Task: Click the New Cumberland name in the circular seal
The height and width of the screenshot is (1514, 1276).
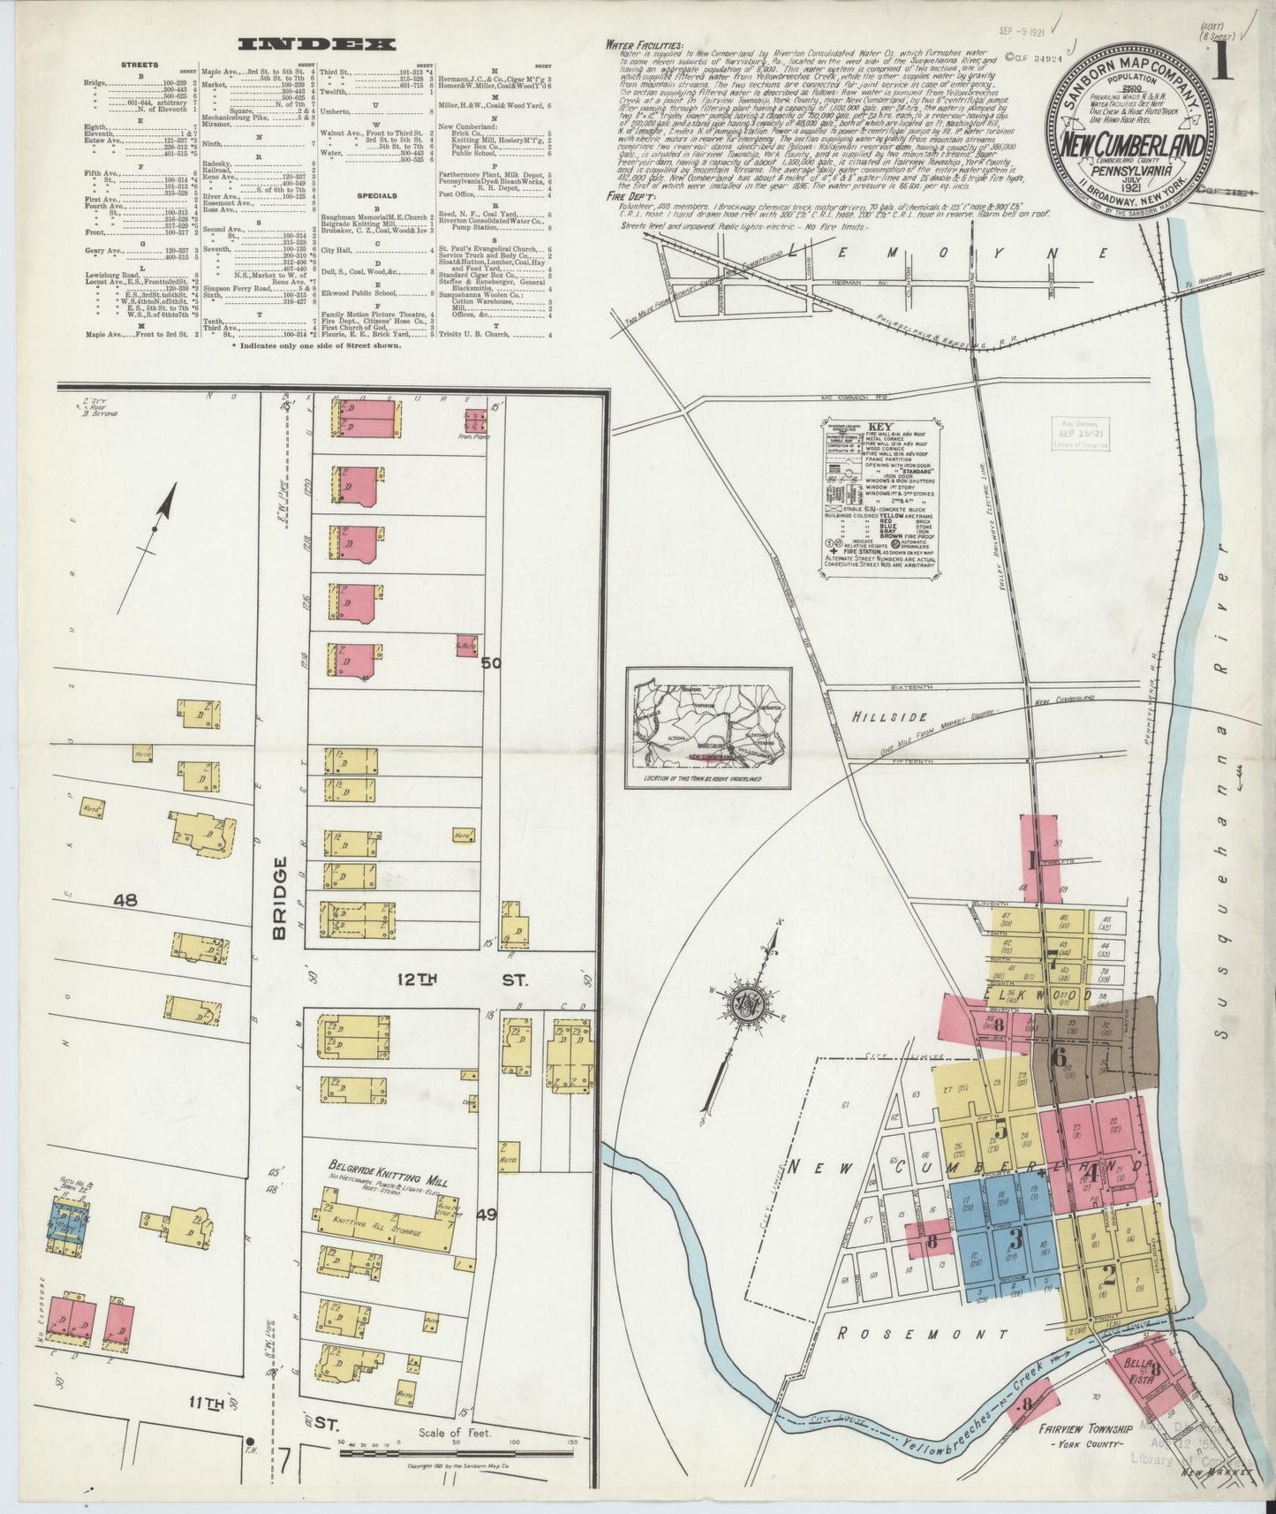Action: (1129, 143)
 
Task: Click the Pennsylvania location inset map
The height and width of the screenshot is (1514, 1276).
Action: (709, 728)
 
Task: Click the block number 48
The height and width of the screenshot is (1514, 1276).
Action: (125, 900)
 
